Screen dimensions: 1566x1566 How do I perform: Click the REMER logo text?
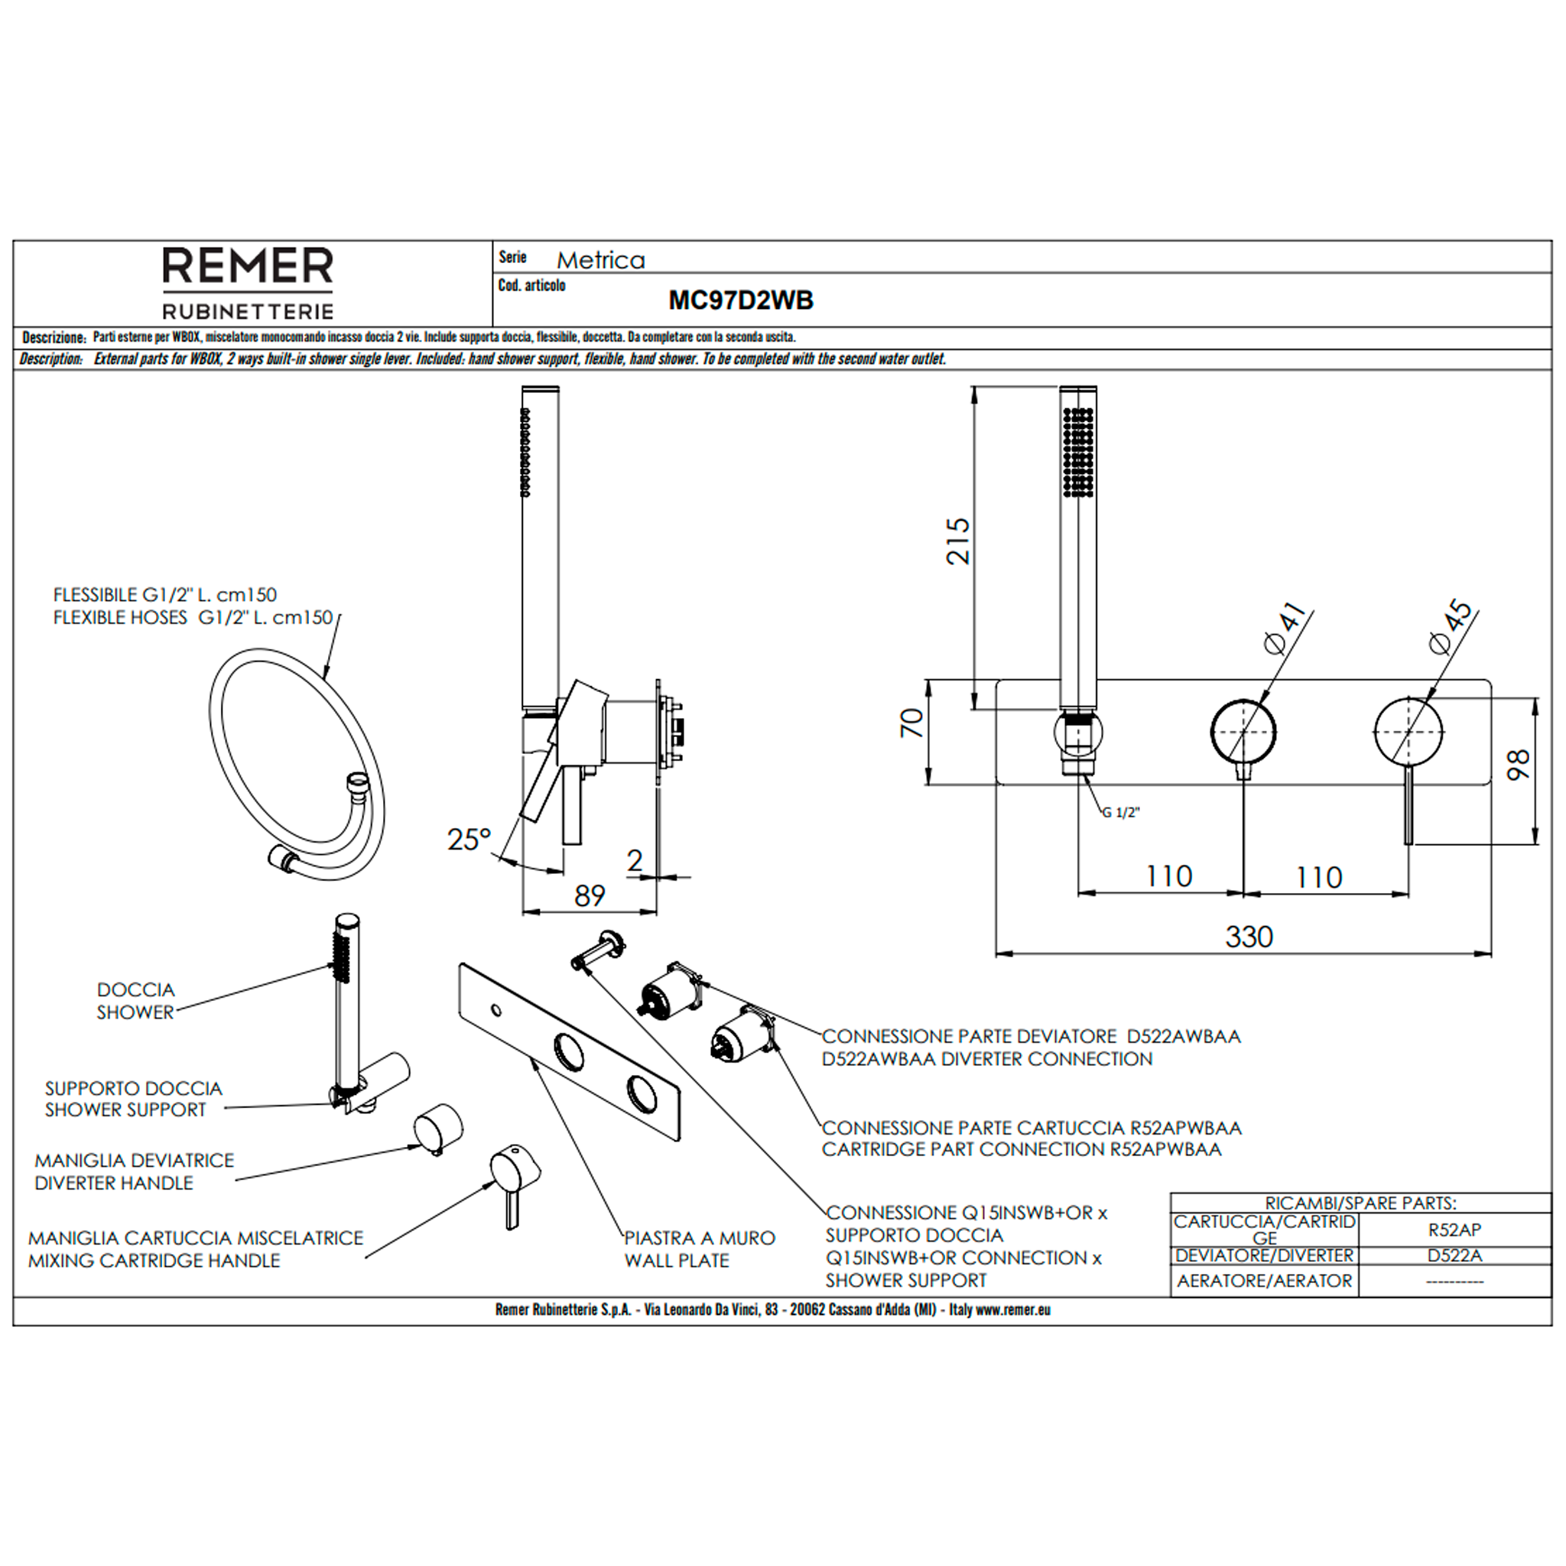click(248, 266)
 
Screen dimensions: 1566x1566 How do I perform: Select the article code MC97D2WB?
click(740, 301)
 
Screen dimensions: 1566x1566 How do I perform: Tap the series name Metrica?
click(600, 260)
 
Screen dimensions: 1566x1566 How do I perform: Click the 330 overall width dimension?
click(1249, 937)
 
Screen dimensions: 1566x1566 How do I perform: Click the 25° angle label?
click(469, 839)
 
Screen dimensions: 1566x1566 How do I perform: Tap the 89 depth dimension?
click(590, 895)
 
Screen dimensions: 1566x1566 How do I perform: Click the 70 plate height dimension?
click(913, 722)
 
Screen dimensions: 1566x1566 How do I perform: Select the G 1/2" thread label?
click(1121, 813)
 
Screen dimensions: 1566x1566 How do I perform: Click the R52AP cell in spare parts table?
click(1454, 1230)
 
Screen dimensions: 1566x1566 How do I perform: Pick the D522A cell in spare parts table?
click(1454, 1256)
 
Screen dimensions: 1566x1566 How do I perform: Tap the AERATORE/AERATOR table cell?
click(1265, 1281)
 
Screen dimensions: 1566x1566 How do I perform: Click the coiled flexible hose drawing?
click(297, 757)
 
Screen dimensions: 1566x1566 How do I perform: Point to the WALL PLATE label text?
click(677, 1260)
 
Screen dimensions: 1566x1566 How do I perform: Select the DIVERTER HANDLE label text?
click(114, 1183)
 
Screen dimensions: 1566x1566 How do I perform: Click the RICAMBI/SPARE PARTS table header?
click(1360, 1204)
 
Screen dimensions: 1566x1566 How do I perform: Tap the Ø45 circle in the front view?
click(1408, 731)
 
